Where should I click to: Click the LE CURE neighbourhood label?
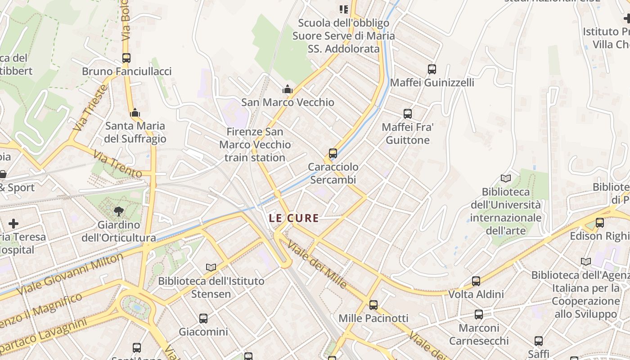293,219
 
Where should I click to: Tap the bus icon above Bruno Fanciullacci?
126,58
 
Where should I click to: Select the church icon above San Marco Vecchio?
288,89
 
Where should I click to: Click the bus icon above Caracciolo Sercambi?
333,153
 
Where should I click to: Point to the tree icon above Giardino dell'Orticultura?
119,211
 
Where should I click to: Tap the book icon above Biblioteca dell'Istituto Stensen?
211,267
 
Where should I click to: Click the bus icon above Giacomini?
203,319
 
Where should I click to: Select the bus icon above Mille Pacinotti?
373,305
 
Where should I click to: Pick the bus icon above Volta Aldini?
476,281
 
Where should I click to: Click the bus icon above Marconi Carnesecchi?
479,315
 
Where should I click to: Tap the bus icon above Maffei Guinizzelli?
432,69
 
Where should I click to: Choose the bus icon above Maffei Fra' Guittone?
408,114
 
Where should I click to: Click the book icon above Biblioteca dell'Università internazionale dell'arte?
506,179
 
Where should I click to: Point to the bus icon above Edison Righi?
600,223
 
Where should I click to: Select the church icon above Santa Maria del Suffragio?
135,112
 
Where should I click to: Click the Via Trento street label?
117,164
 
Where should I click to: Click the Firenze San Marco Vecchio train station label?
255,144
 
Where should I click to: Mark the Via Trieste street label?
90,108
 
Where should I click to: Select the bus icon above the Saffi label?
539,341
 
